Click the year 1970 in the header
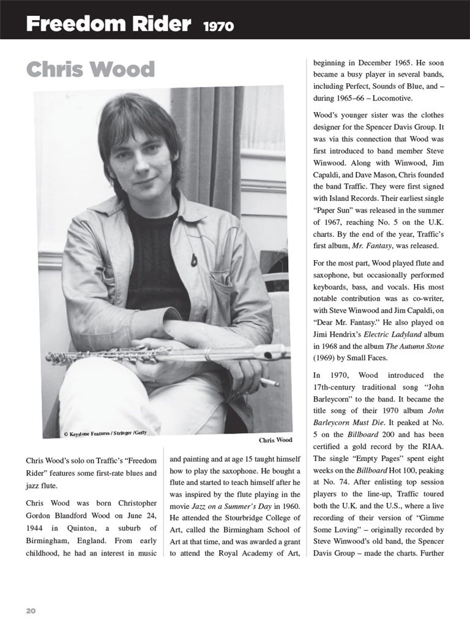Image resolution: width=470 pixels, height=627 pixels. point(218,26)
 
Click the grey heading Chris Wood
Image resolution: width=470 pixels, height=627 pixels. point(90,70)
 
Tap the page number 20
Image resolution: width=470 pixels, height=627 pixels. point(31,610)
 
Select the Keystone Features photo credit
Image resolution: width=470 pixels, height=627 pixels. point(105,433)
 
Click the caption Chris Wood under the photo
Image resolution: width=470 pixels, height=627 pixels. point(275,440)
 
